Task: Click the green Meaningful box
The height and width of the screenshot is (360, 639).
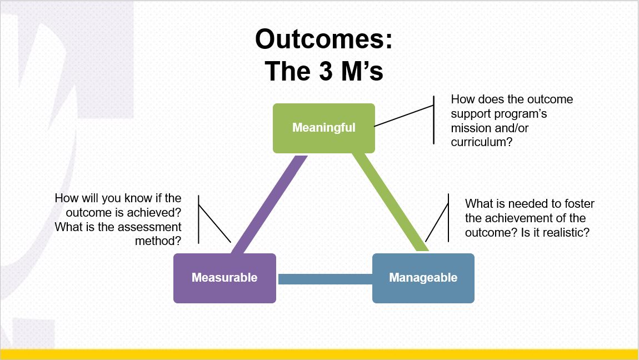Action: tap(323, 128)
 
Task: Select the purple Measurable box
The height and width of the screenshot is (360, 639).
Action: tap(224, 278)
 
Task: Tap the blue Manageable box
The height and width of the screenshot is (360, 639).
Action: tap(423, 278)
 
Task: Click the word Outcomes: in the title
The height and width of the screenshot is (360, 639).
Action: tap(323, 40)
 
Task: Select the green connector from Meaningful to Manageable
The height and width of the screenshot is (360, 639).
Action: tap(390, 202)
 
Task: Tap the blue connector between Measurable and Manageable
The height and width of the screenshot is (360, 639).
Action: tap(324, 278)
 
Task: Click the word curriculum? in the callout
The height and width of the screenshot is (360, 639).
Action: tap(482, 142)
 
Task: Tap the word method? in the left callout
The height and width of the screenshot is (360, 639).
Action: tap(158, 241)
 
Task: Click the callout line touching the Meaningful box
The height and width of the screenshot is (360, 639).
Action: tap(404, 116)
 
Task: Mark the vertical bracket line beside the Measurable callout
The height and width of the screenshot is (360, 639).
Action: tap(198, 219)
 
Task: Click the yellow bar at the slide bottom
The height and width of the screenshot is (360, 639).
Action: tap(319, 354)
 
